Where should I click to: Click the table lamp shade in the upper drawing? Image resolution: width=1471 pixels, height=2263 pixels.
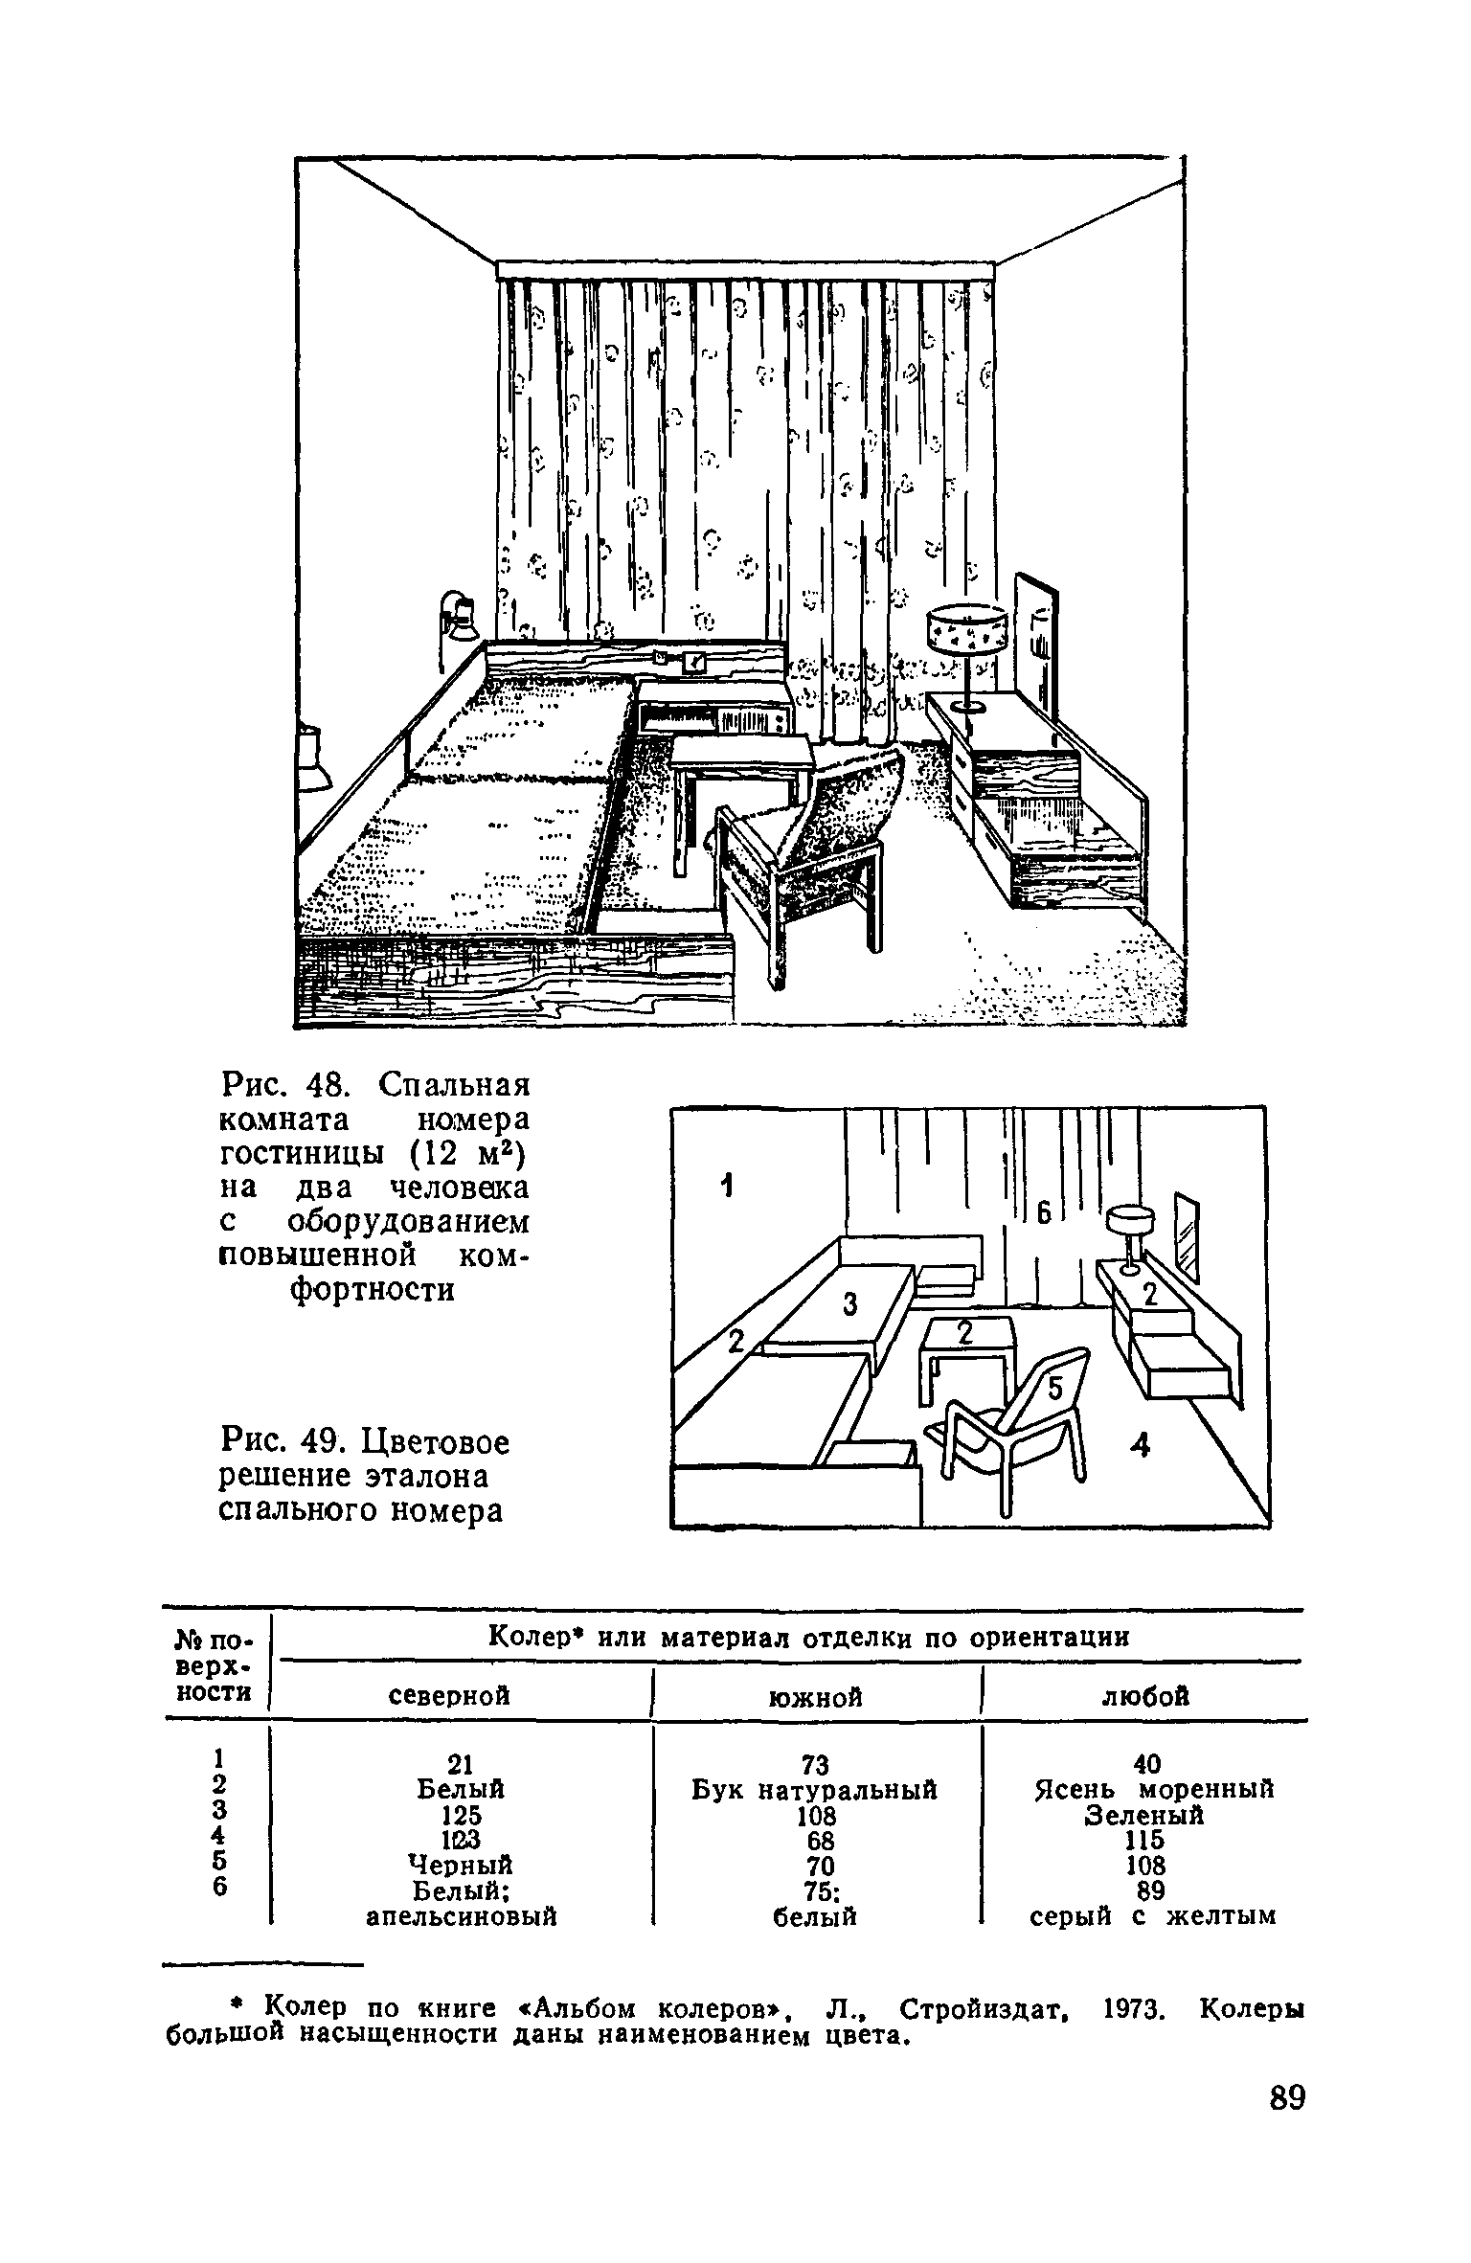click(966, 628)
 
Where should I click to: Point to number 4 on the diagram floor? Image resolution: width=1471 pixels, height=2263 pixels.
click(1139, 1445)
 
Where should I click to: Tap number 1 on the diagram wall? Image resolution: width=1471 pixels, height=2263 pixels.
click(727, 1188)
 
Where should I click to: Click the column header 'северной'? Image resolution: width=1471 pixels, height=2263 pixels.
click(451, 1695)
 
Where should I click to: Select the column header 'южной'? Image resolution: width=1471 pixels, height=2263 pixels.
click(815, 1697)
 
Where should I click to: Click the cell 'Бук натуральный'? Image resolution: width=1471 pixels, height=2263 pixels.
click(814, 1789)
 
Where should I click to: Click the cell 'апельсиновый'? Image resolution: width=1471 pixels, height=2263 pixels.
click(463, 1916)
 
